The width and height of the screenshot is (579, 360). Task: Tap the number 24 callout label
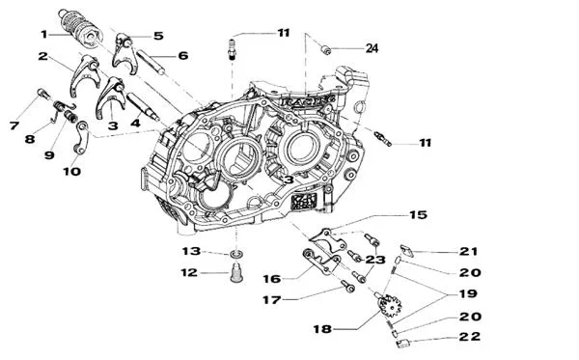372,48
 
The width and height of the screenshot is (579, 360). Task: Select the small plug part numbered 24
326,48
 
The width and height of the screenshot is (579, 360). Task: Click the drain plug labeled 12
236,269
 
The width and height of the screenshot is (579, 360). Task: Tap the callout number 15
417,214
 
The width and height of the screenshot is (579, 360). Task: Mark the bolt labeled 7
41,94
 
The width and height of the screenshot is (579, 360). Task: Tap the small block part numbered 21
406,250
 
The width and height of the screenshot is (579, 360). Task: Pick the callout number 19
470,292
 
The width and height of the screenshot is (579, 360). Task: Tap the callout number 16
271,278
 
